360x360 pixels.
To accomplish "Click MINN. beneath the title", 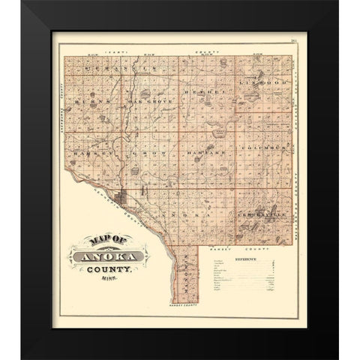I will click(109, 287).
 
